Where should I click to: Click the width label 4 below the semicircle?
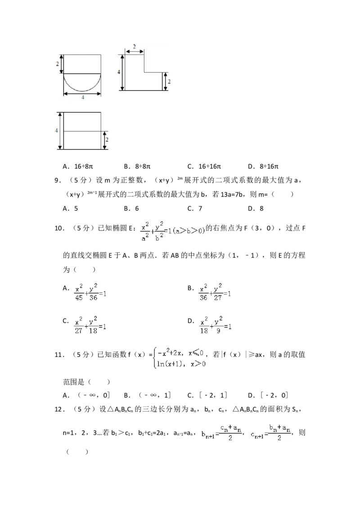coord(83,98)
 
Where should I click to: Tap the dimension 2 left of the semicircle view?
coord(58,64)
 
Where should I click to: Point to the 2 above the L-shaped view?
coord(135,47)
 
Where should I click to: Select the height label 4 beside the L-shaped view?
coord(119,72)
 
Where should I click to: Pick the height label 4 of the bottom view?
coord(57,130)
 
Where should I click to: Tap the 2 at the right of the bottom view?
coord(108,140)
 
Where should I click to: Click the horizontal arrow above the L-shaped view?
coord(135,52)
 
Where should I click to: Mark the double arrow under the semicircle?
coord(82,94)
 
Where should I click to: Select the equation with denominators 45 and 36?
coord(90,291)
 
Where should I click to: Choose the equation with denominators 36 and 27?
coord(216,291)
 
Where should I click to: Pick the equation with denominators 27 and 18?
coord(90,325)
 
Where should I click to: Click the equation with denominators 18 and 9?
coord(216,325)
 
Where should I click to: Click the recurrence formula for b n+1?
coord(221,432)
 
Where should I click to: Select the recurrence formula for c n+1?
coord(270,432)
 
